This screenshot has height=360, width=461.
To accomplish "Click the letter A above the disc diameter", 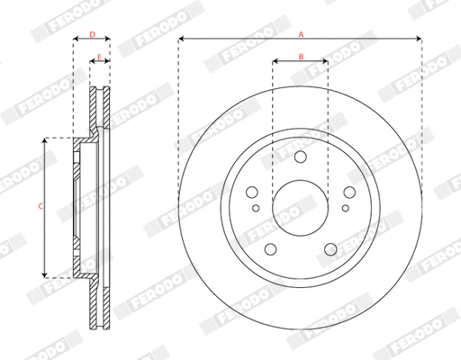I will pyautogui.click(x=301, y=32).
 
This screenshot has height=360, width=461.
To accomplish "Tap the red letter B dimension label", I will pyautogui.click(x=301, y=57).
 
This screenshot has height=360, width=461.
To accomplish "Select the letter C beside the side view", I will pyautogui.click(x=40, y=207).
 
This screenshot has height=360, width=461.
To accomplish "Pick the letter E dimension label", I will pyautogui.click(x=100, y=57).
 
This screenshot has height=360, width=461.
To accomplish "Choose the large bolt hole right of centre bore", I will pyautogui.click(x=348, y=192).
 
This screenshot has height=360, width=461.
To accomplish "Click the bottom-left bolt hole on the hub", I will pyautogui.click(x=270, y=248).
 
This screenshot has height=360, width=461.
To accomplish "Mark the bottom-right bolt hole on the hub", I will pyautogui.click(x=330, y=248).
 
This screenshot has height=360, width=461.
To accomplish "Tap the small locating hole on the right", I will pyautogui.click(x=344, y=210).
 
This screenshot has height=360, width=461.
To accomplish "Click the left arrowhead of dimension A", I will pyautogui.click(x=181, y=39).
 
